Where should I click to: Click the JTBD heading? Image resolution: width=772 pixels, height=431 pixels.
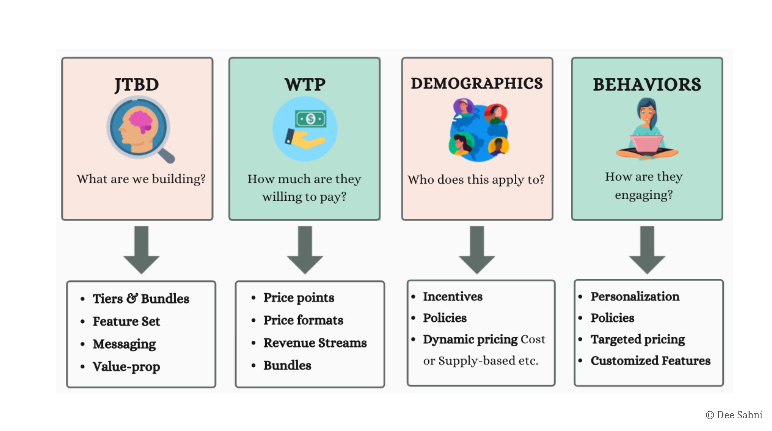[137, 85]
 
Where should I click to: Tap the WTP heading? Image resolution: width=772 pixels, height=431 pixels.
[305, 85]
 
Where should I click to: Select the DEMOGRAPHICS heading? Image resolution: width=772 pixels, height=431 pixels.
[476, 84]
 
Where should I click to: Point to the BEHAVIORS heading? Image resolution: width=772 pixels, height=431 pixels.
[647, 85]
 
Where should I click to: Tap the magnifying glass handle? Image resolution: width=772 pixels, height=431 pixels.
[167, 156]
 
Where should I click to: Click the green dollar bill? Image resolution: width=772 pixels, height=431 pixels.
[311, 119]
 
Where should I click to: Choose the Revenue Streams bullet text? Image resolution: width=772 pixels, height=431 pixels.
[315, 343]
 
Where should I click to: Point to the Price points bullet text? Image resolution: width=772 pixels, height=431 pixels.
[299, 298]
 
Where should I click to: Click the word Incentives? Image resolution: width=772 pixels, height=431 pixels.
[452, 297]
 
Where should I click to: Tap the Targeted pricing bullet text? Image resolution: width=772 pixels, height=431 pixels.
[638, 339]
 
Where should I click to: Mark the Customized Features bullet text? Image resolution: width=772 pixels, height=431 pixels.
[650, 361]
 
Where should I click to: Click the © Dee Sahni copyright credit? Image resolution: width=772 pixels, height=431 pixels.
[734, 415]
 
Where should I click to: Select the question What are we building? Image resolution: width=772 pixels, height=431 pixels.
[141, 179]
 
